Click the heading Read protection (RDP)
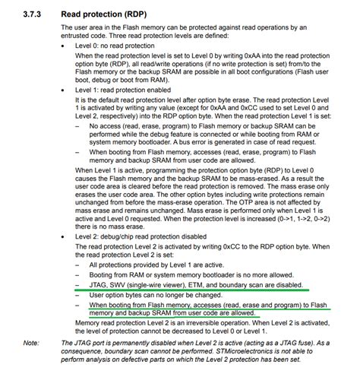pos(100,11)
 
